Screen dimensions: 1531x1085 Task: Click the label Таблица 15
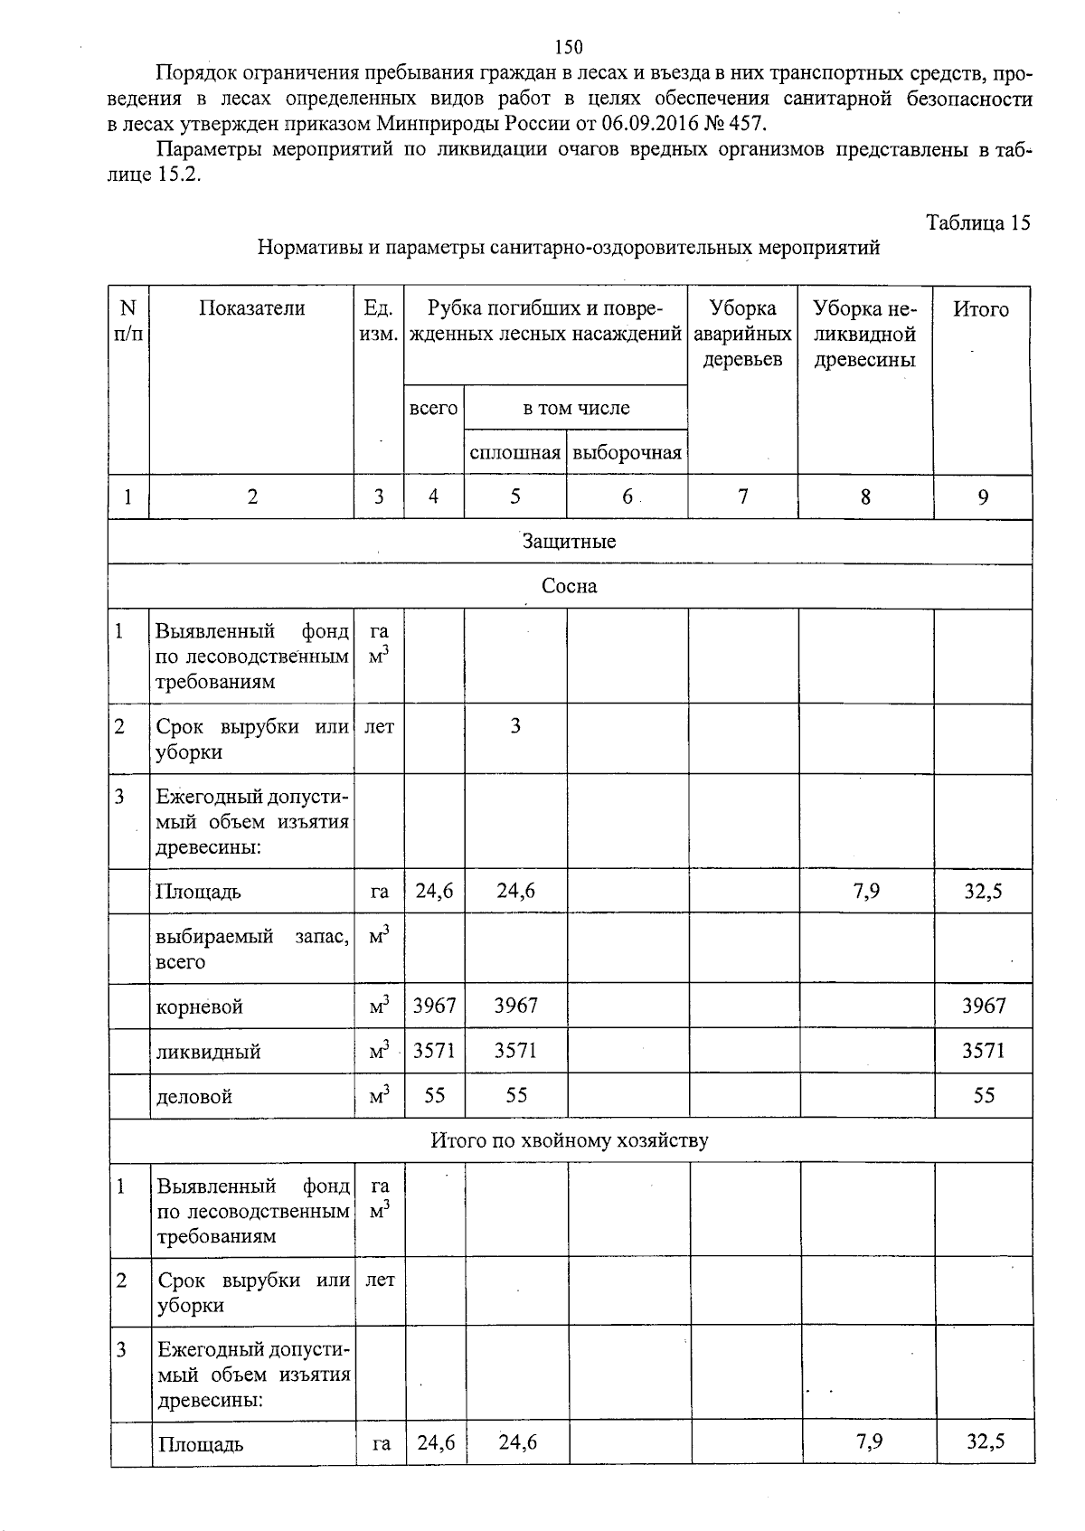pos(977,223)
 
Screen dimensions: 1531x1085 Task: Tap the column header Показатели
pos(251,308)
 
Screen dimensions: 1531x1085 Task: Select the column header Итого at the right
pos(981,309)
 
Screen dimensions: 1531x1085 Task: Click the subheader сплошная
pos(514,452)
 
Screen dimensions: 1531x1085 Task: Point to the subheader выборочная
pos(627,452)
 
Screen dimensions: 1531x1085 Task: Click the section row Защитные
pos(569,542)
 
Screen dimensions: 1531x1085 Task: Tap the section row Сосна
pos(569,586)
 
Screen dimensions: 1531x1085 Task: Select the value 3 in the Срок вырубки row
pos(514,726)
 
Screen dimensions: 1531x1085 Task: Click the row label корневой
pos(199,1006)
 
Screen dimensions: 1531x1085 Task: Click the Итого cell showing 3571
pos(983,1051)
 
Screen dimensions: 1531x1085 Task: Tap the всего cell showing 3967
pos(434,1006)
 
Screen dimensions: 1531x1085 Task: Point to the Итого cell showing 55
pos(983,1095)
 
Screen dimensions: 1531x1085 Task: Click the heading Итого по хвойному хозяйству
pos(569,1140)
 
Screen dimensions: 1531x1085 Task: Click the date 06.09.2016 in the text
pos(643,123)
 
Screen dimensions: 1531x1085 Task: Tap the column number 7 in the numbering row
pos(741,496)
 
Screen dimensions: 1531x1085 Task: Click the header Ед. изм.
pos(378,321)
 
